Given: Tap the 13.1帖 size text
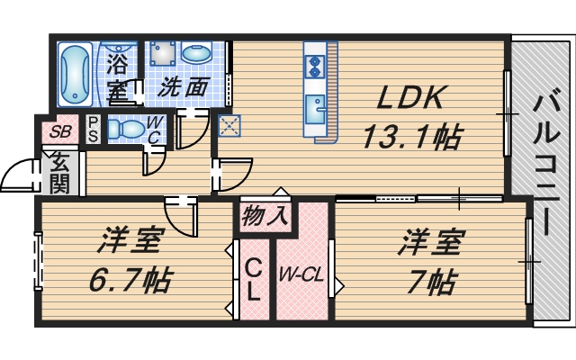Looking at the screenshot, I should tap(411, 137).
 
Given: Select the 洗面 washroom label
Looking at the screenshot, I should tap(184, 88).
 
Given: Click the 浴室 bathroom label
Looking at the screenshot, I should tap(117, 76).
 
